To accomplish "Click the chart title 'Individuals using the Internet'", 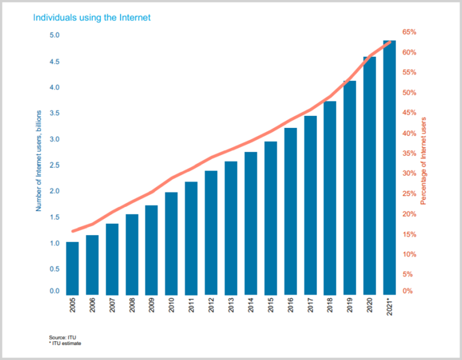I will click(x=92, y=17).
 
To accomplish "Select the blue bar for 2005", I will click(x=73, y=268).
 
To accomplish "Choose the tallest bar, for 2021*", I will click(x=389, y=167).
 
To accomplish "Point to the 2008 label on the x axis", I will click(x=131, y=307).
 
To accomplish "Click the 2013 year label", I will click(x=231, y=307).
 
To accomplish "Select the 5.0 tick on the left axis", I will click(x=54, y=35).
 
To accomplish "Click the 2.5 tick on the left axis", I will click(x=54, y=165).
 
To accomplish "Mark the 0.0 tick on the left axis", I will click(x=54, y=292).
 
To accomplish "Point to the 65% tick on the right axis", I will click(x=410, y=32).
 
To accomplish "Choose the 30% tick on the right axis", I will click(x=410, y=173).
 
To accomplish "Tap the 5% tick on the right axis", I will click(x=410, y=274).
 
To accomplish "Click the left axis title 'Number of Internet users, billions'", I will click(x=38, y=160).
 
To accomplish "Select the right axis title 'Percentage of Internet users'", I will click(x=424, y=160).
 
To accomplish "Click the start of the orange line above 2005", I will click(x=73, y=231).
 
